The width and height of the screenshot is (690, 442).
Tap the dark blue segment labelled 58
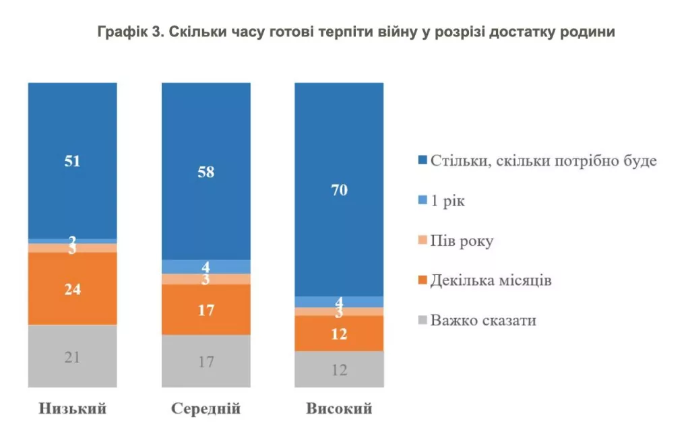point(206,171)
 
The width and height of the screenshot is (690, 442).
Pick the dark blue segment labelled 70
point(340,189)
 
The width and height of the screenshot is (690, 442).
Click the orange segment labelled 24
point(72,289)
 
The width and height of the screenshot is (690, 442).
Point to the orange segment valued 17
point(206,309)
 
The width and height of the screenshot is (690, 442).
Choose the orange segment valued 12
point(340,333)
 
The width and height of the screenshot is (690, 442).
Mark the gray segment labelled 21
point(72,356)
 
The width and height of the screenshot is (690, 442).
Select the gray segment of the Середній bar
point(206,361)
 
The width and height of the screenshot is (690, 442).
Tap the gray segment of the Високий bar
point(340,369)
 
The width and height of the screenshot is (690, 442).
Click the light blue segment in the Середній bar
point(206,267)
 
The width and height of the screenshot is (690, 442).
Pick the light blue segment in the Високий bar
point(340,302)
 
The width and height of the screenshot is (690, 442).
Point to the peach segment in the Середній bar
point(206,279)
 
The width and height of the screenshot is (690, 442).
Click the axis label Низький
point(72,409)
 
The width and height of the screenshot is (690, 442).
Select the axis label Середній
point(206,409)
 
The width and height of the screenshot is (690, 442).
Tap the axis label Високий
point(340,409)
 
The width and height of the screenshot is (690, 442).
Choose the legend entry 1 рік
point(447,201)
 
